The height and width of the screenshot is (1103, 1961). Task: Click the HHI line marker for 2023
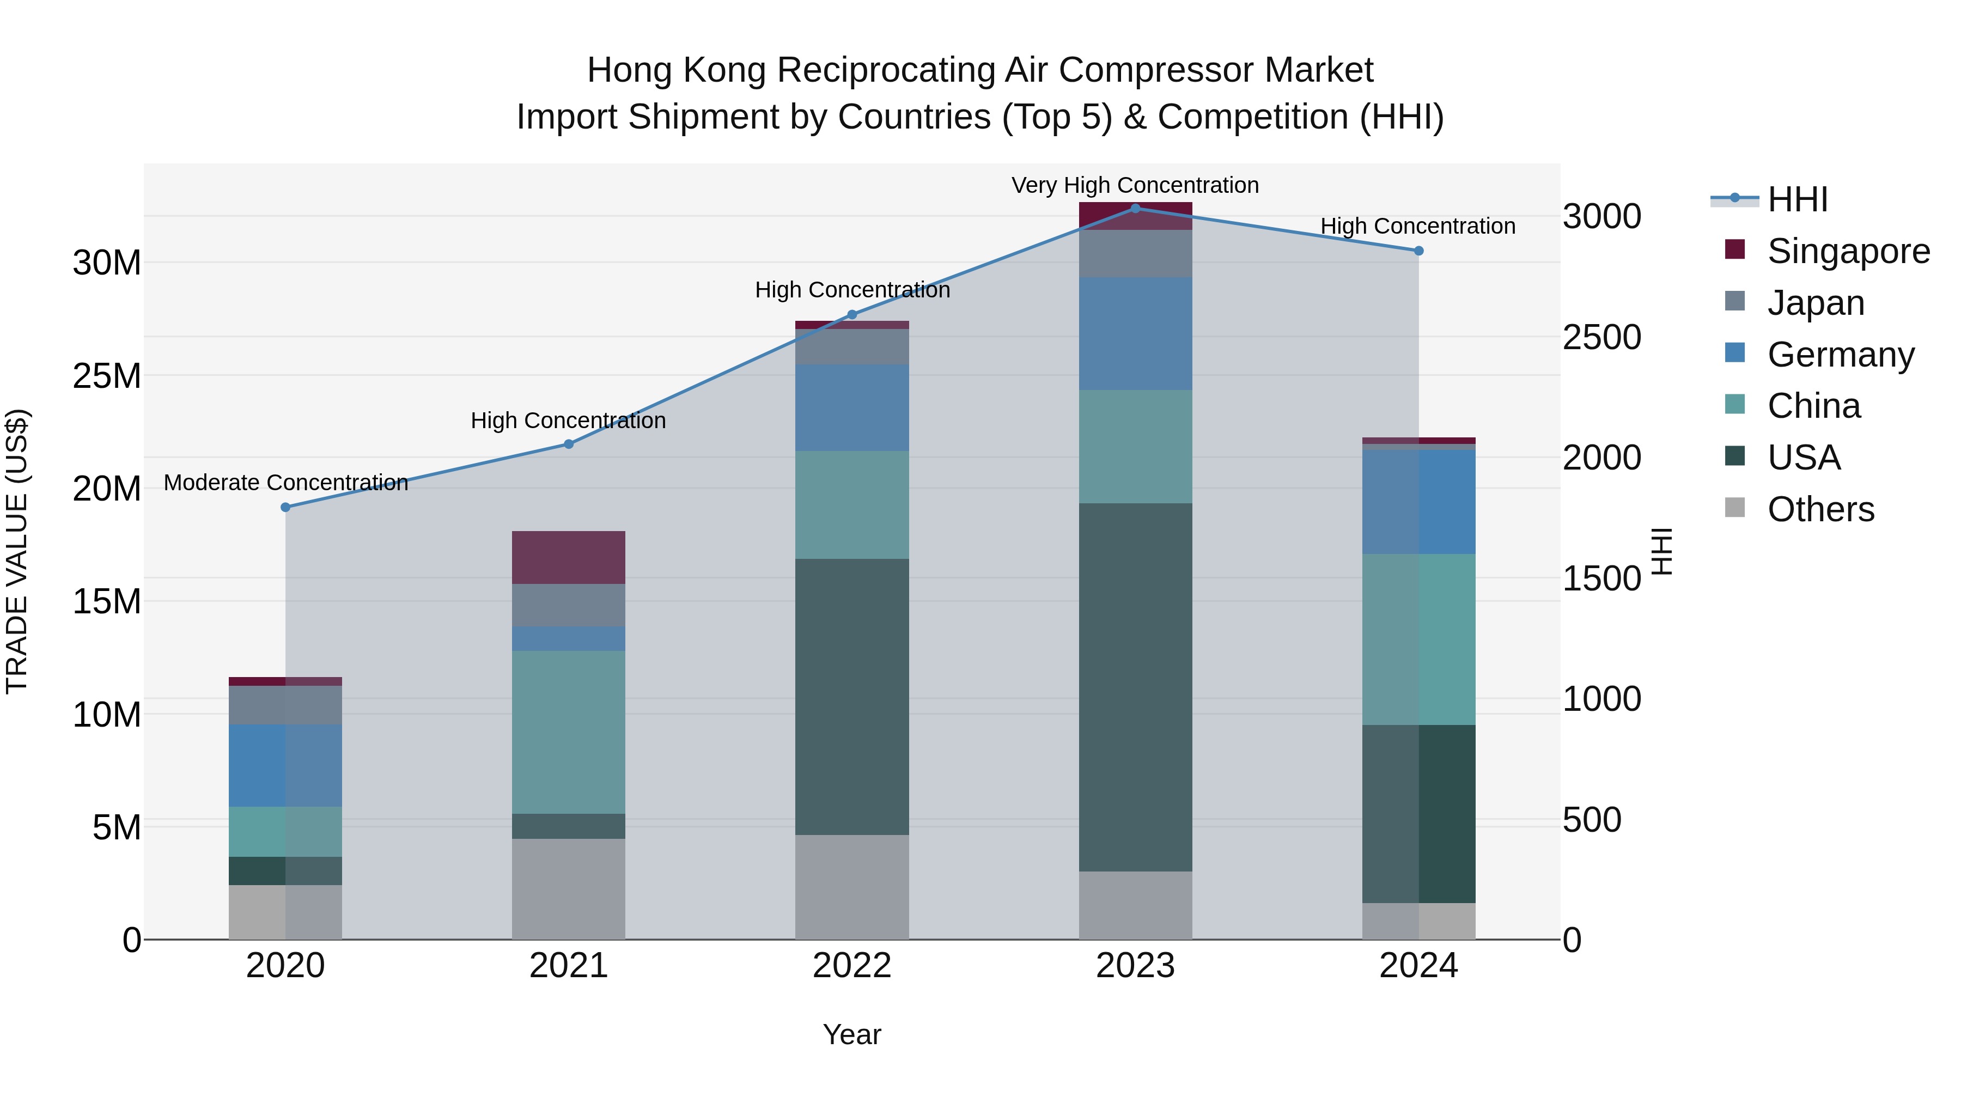click(x=1135, y=208)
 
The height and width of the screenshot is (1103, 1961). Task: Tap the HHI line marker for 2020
click(x=285, y=507)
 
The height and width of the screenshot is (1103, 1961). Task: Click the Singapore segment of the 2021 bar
click(x=568, y=557)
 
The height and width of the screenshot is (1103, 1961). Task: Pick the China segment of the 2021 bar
click(x=568, y=732)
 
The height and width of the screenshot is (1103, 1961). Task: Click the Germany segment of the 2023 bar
click(x=1135, y=333)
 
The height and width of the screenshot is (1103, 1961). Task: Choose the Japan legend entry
click(x=1816, y=303)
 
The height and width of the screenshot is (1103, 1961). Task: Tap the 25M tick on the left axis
click(x=107, y=376)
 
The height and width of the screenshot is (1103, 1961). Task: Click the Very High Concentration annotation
click(x=1135, y=185)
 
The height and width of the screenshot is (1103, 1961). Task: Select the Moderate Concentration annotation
click(x=285, y=483)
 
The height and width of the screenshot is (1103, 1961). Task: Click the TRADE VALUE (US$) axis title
click(x=17, y=551)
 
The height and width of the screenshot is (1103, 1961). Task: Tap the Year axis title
click(x=852, y=1034)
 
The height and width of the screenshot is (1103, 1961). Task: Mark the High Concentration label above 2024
click(x=1417, y=226)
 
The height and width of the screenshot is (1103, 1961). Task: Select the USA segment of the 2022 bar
click(x=852, y=697)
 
